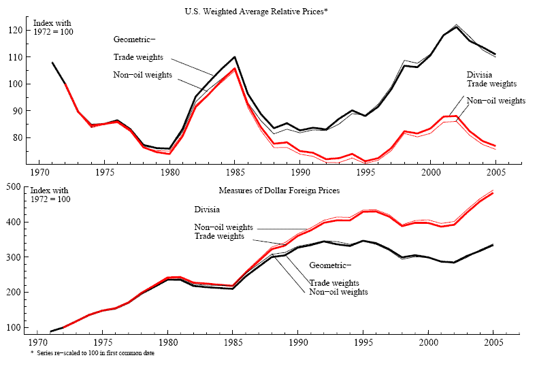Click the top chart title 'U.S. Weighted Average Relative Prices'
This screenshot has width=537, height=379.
(257, 12)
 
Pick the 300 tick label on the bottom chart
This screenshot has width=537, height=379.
(15, 257)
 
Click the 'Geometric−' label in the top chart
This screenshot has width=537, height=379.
(135, 41)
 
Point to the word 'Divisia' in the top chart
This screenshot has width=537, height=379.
(480, 74)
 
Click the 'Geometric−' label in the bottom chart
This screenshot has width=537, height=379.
(331, 265)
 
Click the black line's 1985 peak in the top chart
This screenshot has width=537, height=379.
(234, 57)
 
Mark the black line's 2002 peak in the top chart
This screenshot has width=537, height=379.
(456, 27)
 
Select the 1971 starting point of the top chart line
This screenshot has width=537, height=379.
(52, 63)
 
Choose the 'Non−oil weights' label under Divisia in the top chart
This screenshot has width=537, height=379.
(496, 100)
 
